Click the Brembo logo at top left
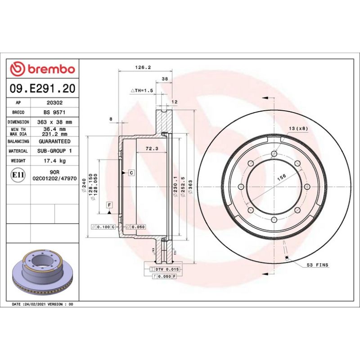coord(42,69)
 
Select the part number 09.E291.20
coord(42,89)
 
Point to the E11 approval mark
coord(18,174)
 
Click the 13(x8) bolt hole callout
coord(298,129)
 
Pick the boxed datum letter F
coord(109,205)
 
